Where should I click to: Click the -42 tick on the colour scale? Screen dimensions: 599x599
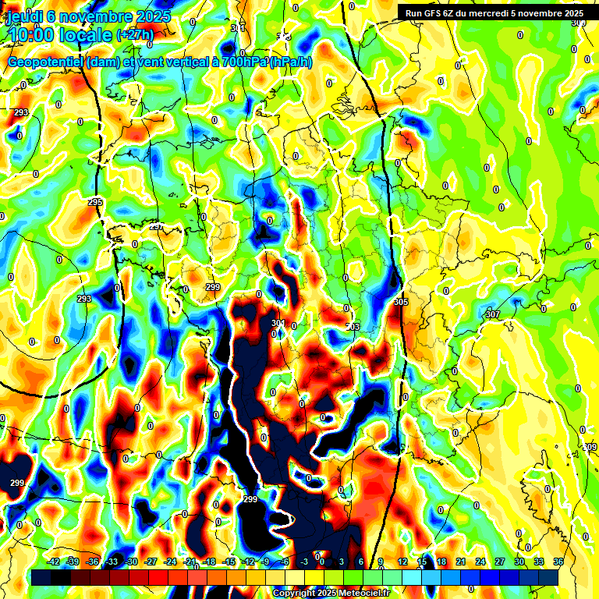click(54, 562)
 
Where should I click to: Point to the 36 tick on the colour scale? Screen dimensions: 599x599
click(558, 562)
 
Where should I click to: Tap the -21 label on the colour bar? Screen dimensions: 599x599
click(190, 562)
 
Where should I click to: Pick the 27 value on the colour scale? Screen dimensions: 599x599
click(500, 562)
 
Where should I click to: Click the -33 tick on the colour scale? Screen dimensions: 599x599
click(112, 562)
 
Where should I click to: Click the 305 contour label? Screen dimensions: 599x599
click(401, 301)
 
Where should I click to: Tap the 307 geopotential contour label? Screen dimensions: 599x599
click(491, 314)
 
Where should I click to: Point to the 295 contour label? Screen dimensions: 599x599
click(95, 202)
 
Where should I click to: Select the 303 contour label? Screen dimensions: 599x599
click(353, 327)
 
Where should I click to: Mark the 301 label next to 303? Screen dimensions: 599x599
click(278, 323)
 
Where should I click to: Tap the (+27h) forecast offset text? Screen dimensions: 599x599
click(135, 34)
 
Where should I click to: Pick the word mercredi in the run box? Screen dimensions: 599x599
click(495, 12)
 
